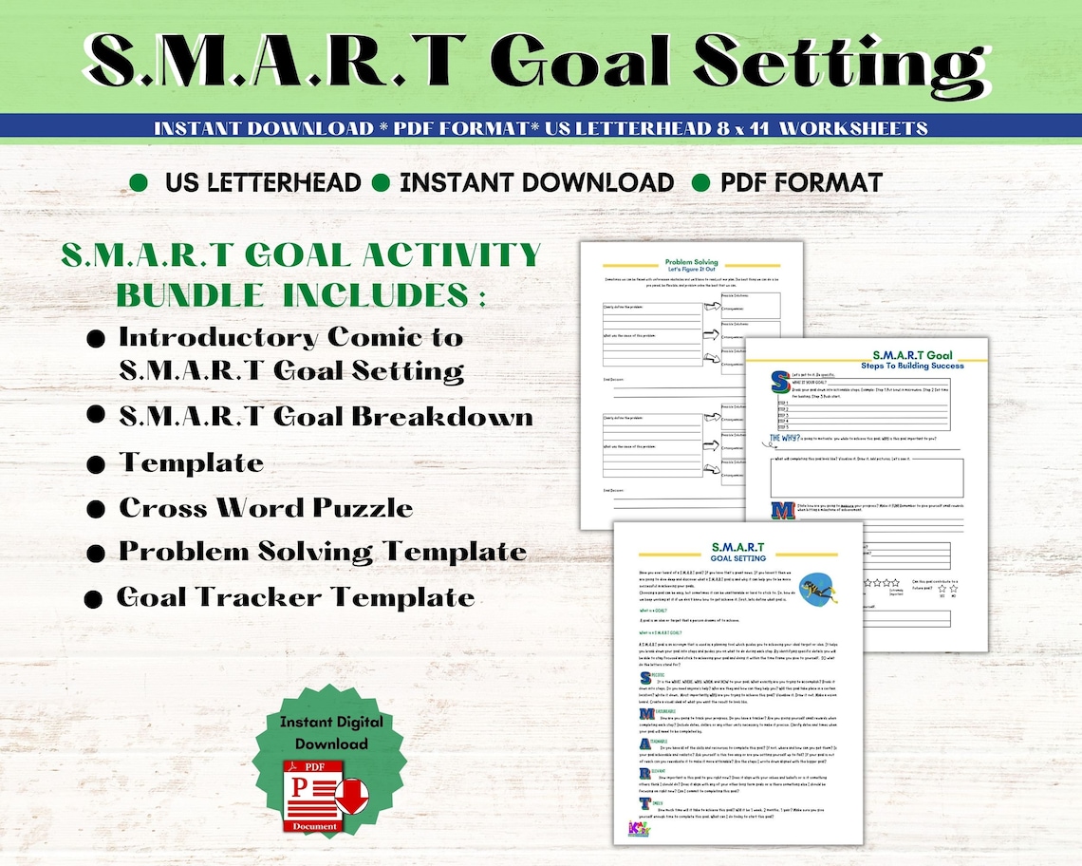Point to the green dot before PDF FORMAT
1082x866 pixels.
pos(701,182)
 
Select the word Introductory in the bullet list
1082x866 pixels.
pos(217,337)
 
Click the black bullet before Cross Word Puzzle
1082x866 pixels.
pos(95,510)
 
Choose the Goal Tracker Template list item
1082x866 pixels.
pos(295,597)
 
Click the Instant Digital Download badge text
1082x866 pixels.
pos(319,732)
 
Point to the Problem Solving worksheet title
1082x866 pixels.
pos(692,262)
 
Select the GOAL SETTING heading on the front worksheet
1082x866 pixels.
pos(737,558)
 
